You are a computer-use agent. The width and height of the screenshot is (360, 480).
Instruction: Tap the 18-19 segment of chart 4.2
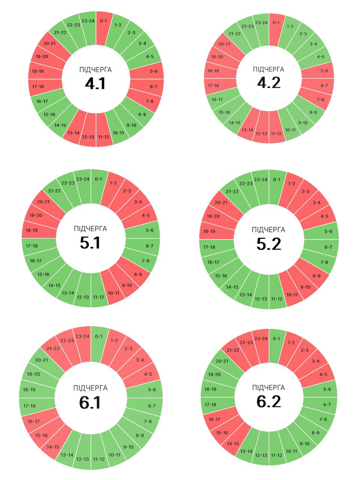(213, 71)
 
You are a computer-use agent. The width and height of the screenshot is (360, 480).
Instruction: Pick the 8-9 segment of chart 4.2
(313, 112)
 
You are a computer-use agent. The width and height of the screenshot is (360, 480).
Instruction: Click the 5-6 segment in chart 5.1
(150, 230)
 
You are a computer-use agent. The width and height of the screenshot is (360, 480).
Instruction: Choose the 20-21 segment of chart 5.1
(43, 202)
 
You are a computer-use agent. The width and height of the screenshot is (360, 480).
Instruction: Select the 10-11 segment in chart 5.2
(292, 294)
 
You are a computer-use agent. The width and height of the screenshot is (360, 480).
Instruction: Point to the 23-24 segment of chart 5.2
(261, 180)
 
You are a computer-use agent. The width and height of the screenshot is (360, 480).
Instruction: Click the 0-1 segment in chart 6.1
(99, 337)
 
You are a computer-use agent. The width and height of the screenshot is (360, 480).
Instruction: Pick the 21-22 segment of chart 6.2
(233, 350)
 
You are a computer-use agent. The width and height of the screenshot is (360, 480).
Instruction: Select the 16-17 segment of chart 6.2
(214, 419)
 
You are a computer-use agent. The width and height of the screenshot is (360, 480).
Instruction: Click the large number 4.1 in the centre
(95, 84)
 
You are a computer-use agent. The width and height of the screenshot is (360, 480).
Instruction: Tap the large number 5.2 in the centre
(268, 244)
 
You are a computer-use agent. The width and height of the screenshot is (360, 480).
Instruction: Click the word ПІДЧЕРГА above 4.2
(268, 69)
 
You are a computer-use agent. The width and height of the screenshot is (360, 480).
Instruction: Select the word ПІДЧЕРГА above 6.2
(268, 387)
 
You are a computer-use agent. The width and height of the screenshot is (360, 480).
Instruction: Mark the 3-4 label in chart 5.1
(138, 202)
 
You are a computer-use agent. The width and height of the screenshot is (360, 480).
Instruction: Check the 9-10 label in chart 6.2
(304, 444)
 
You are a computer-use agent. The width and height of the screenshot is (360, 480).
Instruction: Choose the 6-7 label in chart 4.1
(153, 87)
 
